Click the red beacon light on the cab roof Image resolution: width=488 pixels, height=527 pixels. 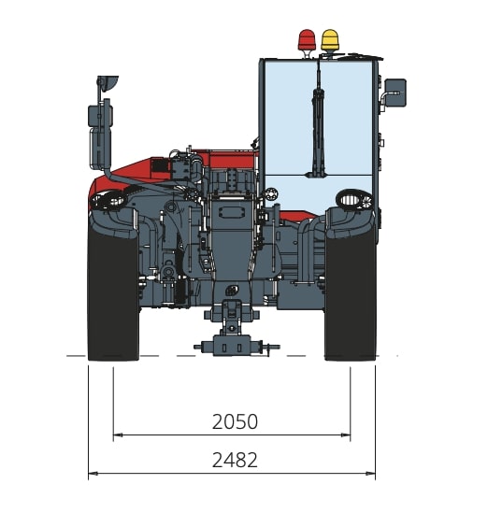coord(307,40)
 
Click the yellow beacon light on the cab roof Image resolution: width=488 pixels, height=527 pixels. coord(330,40)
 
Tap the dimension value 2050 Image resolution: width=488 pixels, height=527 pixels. coord(235,421)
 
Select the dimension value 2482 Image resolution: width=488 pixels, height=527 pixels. coord(235,460)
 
